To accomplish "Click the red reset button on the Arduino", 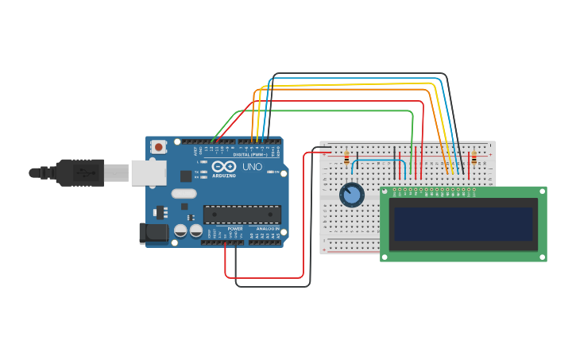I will pos(159,147).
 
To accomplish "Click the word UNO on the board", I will pos(252,168).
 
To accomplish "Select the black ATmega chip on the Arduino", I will pos(242,214).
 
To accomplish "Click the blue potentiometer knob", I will pos(351,195).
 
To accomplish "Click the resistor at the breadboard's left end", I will pos(346,158).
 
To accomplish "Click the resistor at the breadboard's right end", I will pos(474,159).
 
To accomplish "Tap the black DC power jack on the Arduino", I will pos(153,232).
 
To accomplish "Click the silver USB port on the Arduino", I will pos(149,172).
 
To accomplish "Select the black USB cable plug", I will pos(79,172).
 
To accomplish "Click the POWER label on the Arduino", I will pos(235,229).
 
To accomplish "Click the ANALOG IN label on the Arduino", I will pos(267,229).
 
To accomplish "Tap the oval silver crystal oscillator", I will pos(184,193).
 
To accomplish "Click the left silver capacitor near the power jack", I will pos(180,230).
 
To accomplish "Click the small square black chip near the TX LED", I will pos(186,176).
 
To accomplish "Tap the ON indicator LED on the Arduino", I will pos(272,172).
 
